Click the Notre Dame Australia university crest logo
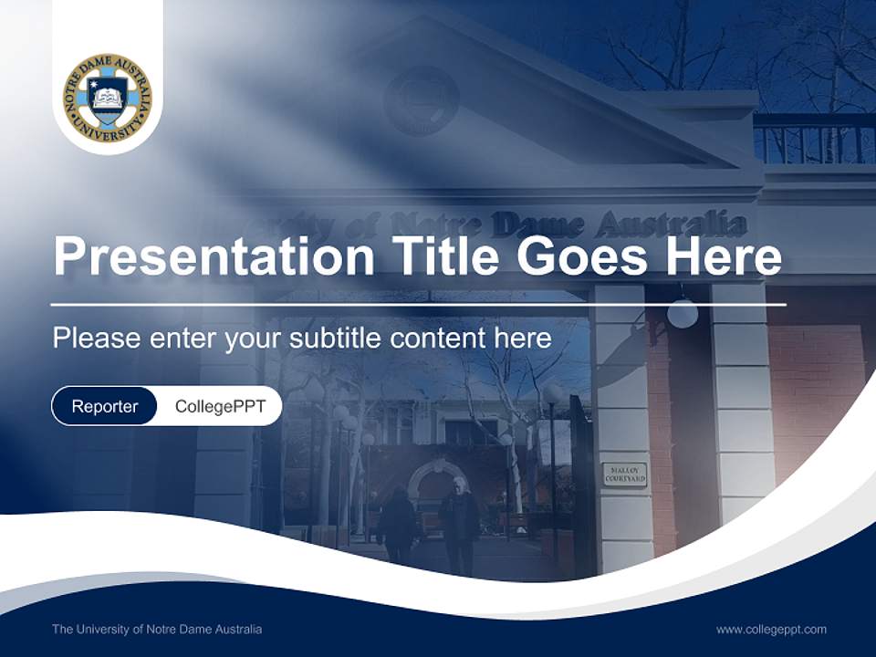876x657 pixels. click(x=108, y=98)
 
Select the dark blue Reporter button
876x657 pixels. click(x=104, y=406)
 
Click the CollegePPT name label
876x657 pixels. click(x=220, y=406)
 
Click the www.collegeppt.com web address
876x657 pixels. click(x=771, y=629)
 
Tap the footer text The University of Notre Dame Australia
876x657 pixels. click(x=157, y=629)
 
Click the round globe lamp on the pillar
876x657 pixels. click(x=682, y=313)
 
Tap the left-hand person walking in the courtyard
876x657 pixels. click(x=397, y=525)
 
